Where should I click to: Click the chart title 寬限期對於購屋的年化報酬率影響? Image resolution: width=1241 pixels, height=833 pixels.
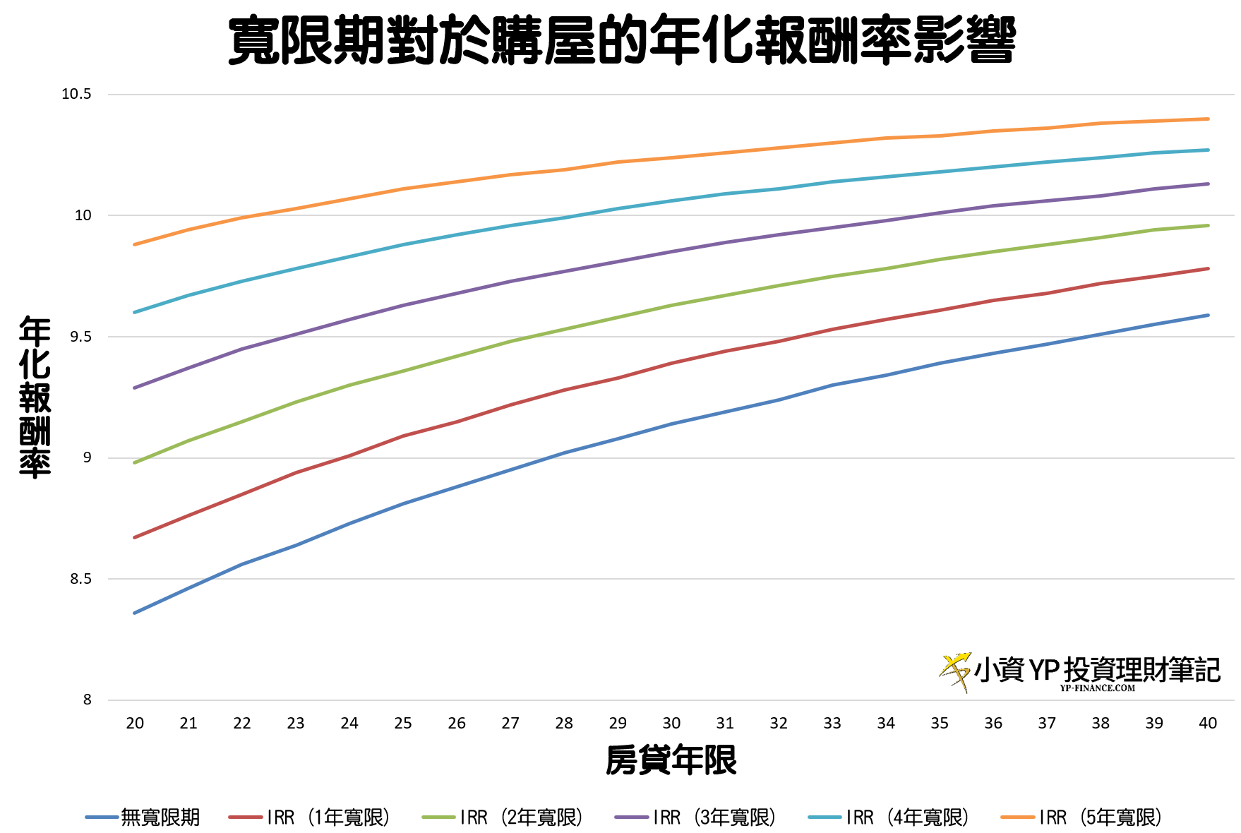[x=621, y=41]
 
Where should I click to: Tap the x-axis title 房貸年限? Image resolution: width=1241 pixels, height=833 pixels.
[x=671, y=760]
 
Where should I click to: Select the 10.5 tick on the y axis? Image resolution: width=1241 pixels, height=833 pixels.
[x=76, y=94]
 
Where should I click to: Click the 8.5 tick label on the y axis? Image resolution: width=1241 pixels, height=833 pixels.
[x=80, y=579]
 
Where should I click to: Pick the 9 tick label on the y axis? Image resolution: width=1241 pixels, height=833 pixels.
[x=87, y=457]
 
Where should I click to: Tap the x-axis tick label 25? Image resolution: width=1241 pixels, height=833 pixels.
[x=403, y=723]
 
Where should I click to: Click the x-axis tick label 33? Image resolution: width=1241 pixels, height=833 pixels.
[x=832, y=723]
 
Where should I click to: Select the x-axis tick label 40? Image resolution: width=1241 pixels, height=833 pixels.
[x=1208, y=723]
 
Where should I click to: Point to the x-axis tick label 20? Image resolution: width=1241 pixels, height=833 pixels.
[x=135, y=723]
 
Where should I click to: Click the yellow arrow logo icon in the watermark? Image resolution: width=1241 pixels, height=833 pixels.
[x=955, y=671]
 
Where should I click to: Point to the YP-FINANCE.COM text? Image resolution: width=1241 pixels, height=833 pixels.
[x=1097, y=688]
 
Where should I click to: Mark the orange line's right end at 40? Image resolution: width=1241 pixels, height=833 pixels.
[x=1208, y=119]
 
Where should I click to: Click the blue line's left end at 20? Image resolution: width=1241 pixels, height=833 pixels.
[x=135, y=613]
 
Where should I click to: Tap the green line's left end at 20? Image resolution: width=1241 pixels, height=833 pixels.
[x=135, y=462]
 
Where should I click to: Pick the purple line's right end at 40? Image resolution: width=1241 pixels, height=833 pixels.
[x=1208, y=184]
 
